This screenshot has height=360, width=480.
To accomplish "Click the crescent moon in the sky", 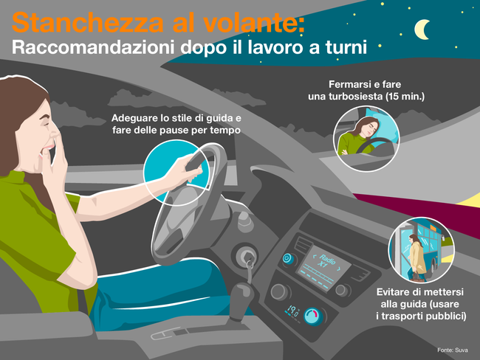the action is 421,30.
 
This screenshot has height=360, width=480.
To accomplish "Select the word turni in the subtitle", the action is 346,47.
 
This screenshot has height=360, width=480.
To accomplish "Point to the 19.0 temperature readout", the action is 292,311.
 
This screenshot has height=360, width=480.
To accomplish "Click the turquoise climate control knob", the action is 313,316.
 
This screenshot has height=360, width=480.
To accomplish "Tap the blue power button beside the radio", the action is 287,259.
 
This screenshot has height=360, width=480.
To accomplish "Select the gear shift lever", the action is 241,301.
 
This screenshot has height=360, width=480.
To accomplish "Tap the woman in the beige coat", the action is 416,257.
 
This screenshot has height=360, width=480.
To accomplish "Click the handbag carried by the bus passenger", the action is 416,277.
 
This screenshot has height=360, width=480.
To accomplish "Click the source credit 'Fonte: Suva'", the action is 453,350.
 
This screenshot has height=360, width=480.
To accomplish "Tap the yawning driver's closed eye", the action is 46,125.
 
